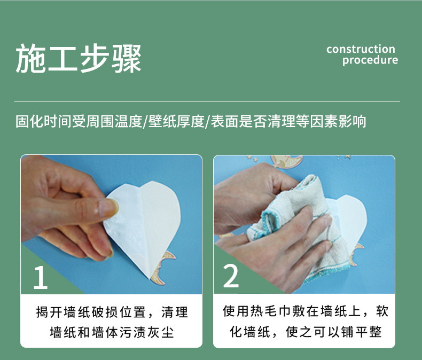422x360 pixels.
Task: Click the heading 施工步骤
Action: [79, 59]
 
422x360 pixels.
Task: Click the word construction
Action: [361, 49]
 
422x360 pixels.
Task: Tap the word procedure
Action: [370, 60]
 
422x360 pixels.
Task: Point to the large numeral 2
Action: [231, 277]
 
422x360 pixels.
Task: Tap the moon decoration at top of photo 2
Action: [286, 161]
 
